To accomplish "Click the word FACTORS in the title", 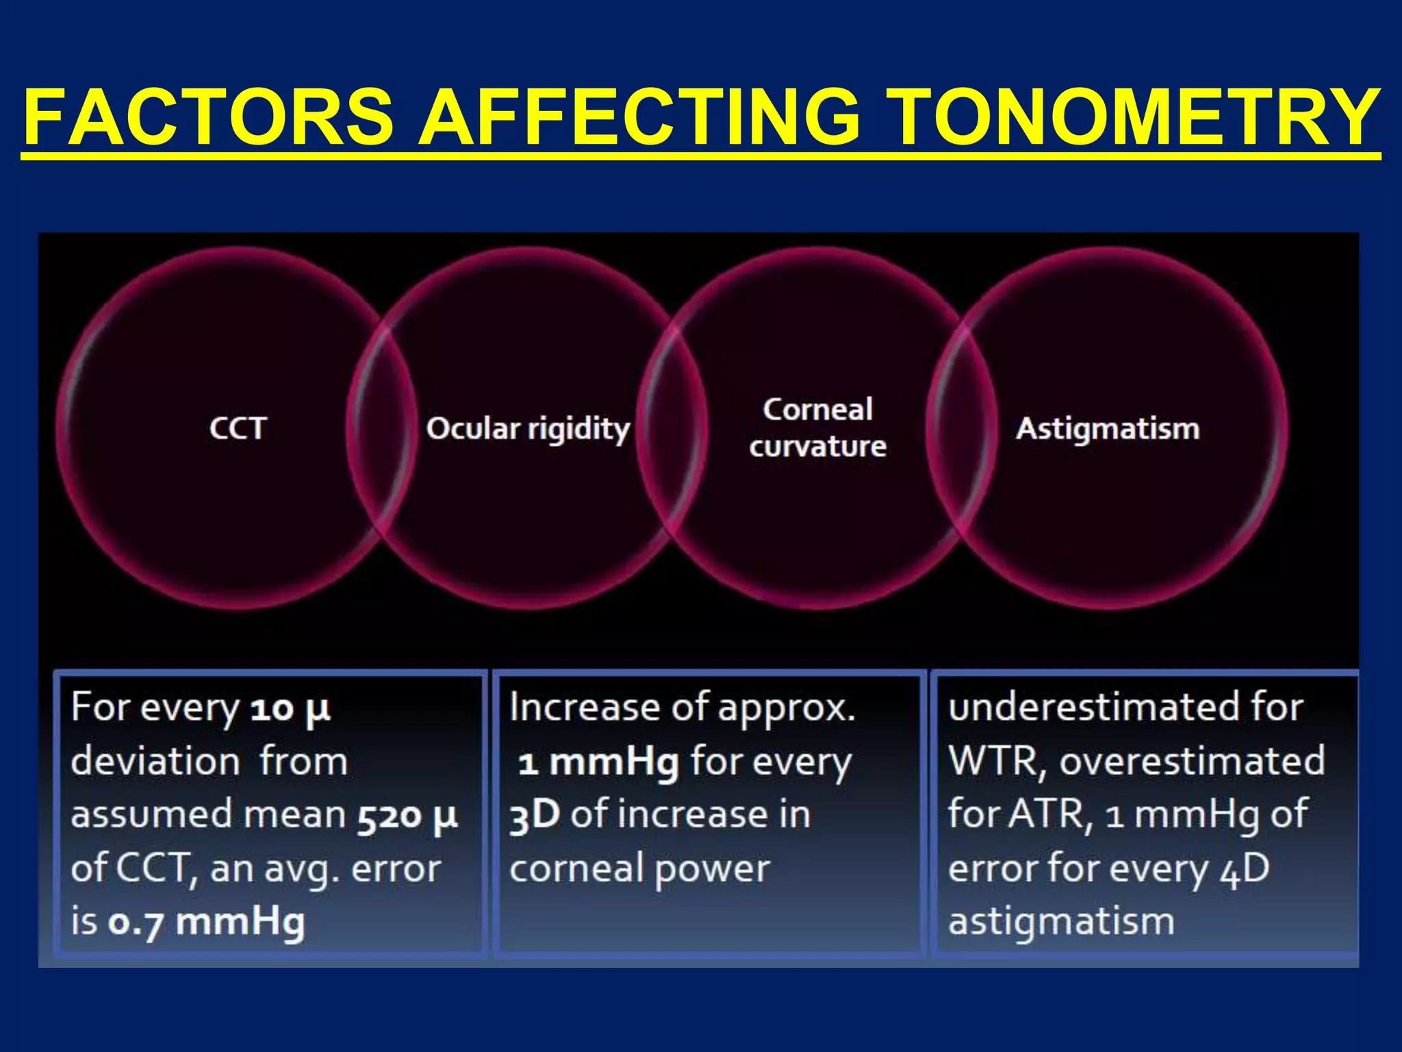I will point(209,118).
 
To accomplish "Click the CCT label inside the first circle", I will point(238,429).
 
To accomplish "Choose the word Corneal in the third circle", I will point(817,410).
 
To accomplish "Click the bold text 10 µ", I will point(290,709).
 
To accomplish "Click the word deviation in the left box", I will point(155,762).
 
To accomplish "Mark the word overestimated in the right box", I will point(1192,762).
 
